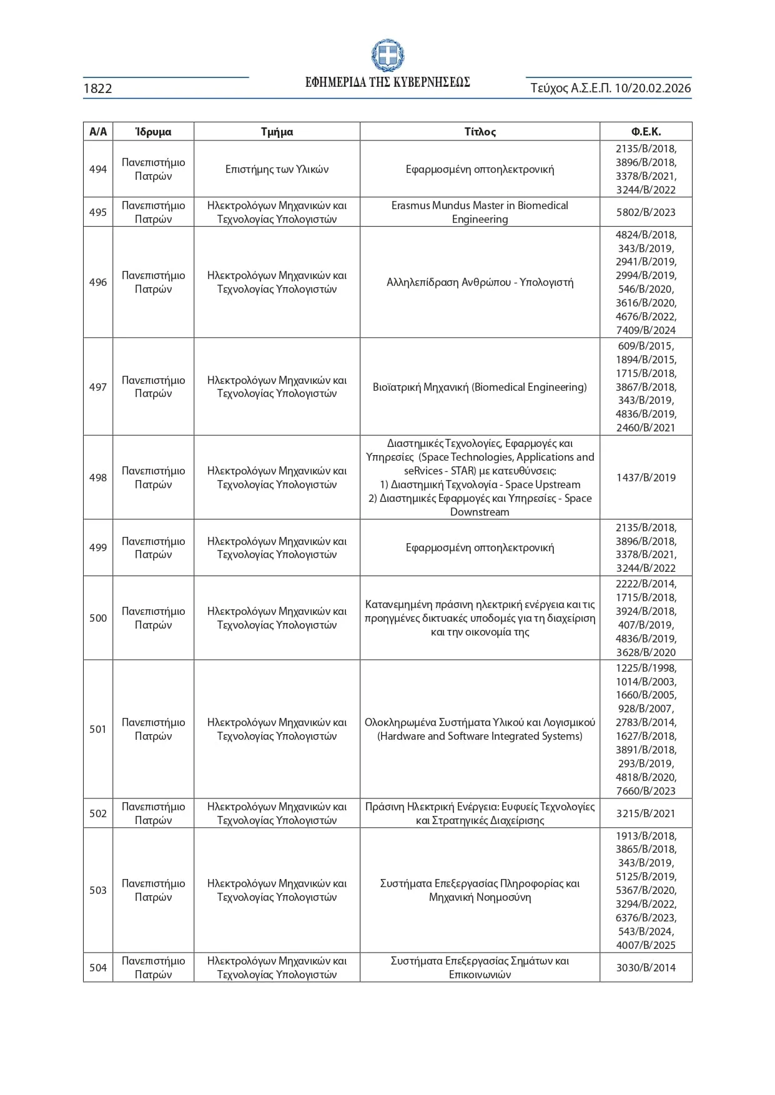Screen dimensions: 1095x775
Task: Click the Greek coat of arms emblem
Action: [387, 56]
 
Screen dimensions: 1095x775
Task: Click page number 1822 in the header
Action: [97, 89]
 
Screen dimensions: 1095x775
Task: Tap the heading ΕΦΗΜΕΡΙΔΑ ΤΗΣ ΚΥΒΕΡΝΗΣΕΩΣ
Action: [387, 82]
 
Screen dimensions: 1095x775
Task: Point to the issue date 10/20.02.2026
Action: [653, 88]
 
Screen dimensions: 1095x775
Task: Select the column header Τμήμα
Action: [277, 132]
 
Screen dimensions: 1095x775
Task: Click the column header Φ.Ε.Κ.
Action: [646, 132]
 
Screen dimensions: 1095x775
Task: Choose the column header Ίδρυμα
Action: [153, 132]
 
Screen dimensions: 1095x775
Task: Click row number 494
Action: [98, 169]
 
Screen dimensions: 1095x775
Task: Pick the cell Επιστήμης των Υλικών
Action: [277, 169]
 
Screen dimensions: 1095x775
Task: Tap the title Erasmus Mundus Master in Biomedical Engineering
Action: [480, 212]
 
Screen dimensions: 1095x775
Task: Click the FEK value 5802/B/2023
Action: [646, 212]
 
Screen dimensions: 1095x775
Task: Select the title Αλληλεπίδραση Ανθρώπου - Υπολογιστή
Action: [480, 282]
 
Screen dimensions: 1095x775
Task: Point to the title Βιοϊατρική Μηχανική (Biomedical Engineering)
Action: [480, 387]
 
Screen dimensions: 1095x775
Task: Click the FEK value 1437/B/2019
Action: [646, 478]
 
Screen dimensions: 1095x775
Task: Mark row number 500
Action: [98, 618]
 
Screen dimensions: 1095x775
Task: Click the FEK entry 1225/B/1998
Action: [646, 668]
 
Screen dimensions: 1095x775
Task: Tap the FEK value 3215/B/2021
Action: [646, 813]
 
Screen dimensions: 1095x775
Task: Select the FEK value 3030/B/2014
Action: [646, 968]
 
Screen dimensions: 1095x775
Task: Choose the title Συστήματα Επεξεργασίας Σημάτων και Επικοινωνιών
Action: [480, 968]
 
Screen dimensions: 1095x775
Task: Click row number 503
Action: [98, 890]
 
